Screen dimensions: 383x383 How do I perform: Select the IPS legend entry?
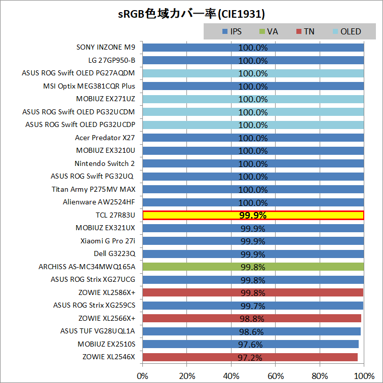232,31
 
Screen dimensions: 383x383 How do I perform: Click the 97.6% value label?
250,345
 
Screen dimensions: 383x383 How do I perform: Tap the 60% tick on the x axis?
275,376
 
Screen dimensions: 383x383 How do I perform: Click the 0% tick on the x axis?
143,376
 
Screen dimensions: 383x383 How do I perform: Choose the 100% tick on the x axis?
363,376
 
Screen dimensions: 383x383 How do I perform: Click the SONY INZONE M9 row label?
106,48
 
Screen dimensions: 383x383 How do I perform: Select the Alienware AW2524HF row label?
99,202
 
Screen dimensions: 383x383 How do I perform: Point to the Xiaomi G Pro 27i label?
108,241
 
